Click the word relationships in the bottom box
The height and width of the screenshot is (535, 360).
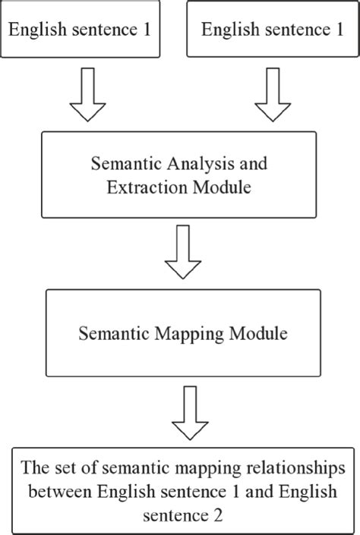point(288,464)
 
